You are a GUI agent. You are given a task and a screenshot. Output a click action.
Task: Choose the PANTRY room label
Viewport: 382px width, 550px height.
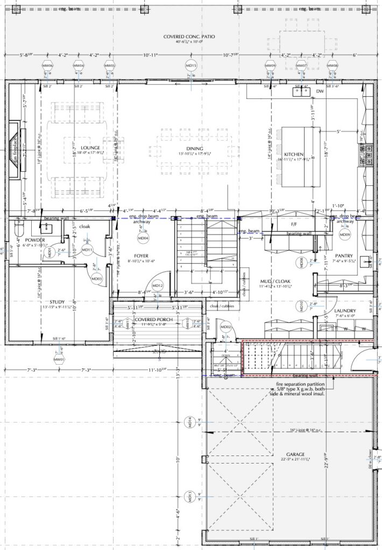(343, 256)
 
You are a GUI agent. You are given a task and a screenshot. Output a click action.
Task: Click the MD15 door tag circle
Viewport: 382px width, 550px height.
(192, 66)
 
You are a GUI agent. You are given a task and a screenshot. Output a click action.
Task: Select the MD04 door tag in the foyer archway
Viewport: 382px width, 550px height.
(144, 237)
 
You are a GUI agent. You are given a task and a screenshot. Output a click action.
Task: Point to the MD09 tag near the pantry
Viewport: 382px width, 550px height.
(345, 235)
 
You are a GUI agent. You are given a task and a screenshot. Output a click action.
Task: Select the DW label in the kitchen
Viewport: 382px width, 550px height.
(320, 92)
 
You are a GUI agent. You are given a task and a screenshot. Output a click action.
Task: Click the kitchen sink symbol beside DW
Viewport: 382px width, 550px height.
(300, 91)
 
